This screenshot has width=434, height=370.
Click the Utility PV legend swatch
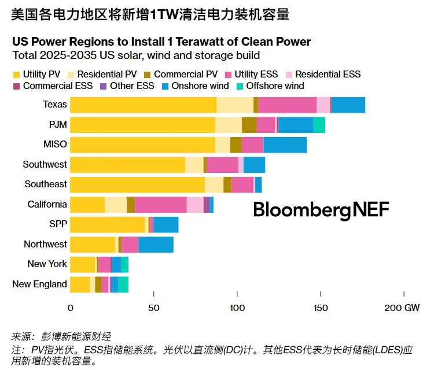pos(16,75)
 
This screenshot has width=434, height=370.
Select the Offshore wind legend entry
pos(269,86)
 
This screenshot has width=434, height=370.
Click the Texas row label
pos(55,105)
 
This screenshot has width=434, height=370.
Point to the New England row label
pos(39,284)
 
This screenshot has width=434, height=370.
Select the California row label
pos(47,204)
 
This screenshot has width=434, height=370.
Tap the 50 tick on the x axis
pos(154,308)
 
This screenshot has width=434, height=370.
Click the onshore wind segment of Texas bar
pos(348,105)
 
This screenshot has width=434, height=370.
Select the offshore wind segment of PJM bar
pos(319,125)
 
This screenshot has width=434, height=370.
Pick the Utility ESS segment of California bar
pos(160,204)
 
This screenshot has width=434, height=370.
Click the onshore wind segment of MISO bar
pos(285,145)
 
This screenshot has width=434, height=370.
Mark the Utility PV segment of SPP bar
pos(108,224)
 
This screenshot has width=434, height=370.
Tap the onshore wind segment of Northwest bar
pos(156,244)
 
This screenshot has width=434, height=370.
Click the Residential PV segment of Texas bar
pos(235,105)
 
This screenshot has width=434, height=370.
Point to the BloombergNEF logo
pos(321,209)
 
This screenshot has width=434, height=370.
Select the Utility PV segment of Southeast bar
pos(137,184)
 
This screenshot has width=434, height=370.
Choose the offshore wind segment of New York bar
pos(125,264)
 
